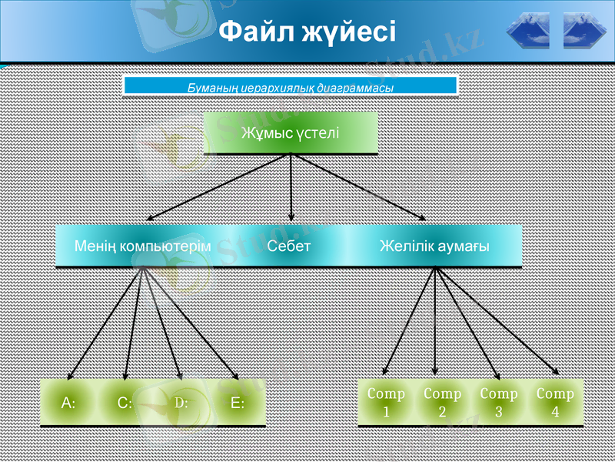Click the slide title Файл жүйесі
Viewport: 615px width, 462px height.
click(307, 32)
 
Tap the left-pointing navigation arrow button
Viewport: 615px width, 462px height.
click(529, 32)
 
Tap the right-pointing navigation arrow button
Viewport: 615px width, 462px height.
click(585, 32)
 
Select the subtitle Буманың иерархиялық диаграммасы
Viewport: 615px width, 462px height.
click(291, 88)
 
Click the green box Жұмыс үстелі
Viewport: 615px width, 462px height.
click(291, 132)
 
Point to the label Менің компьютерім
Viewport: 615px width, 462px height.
click(142, 246)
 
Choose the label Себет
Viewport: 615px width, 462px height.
click(289, 246)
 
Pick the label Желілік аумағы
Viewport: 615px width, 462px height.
click(435, 246)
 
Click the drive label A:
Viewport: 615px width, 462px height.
click(68, 402)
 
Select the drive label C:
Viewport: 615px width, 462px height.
click(125, 402)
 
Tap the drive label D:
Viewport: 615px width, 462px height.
click(181, 402)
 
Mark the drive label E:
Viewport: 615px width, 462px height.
click(238, 402)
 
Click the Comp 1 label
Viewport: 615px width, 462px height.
click(386, 402)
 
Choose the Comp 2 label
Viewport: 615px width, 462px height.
click(443, 402)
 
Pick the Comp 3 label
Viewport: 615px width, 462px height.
click(499, 402)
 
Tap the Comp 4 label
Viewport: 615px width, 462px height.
click(555, 402)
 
